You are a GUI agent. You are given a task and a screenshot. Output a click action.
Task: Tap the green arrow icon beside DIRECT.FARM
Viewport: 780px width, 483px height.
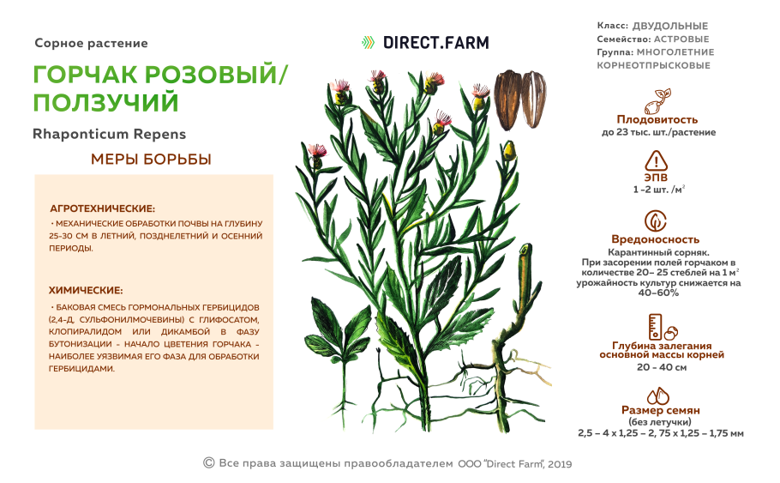(x=368, y=41)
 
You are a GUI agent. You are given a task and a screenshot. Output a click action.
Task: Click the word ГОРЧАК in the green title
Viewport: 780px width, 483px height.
(x=91, y=75)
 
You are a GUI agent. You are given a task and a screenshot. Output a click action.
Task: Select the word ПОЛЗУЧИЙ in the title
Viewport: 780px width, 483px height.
(x=106, y=103)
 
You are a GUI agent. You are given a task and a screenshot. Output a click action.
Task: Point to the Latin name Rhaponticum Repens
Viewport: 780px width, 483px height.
(x=109, y=135)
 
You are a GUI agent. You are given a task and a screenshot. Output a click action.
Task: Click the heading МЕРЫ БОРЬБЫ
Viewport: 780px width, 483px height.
(x=151, y=160)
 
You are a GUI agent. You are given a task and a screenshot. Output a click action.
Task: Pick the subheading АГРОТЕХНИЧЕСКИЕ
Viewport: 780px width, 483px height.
(x=102, y=208)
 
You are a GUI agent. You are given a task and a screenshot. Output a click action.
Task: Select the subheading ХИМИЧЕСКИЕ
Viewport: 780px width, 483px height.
(x=86, y=290)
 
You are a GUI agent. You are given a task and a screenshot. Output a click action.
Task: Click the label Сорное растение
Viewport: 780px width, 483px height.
(x=92, y=43)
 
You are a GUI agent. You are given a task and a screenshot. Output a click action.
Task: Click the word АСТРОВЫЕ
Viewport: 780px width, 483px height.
(x=681, y=39)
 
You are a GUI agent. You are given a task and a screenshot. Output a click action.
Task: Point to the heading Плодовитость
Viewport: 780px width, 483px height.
(x=657, y=119)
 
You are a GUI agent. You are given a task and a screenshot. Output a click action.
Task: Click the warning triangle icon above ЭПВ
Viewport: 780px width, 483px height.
(x=657, y=160)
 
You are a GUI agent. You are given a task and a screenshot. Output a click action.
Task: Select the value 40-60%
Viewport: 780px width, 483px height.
(x=657, y=293)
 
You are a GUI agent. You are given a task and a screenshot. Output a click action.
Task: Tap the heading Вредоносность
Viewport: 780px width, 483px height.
(x=657, y=239)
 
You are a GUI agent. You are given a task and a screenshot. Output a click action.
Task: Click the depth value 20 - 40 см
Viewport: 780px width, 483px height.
(x=661, y=367)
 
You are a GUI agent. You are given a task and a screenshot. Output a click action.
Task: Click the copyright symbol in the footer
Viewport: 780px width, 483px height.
(x=208, y=463)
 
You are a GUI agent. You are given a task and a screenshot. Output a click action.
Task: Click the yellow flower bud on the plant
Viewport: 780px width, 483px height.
(x=509, y=152)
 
